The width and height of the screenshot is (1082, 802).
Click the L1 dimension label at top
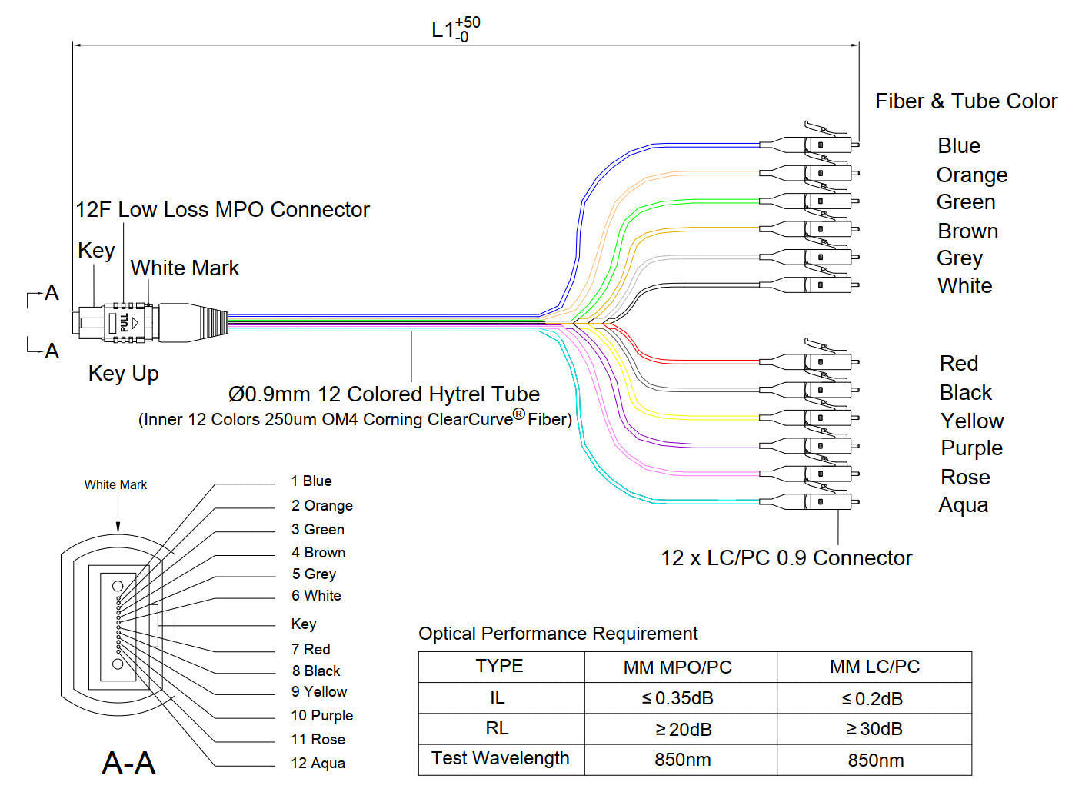[455, 29]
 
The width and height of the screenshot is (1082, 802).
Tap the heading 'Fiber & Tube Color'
[966, 101]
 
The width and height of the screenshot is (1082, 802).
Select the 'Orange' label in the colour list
[971, 175]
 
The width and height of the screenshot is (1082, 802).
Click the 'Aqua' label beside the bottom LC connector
[963, 505]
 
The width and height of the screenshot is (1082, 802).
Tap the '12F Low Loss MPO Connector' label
[222, 210]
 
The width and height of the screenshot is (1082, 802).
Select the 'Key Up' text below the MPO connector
[123, 374]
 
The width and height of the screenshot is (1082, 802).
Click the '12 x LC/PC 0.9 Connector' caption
[786, 558]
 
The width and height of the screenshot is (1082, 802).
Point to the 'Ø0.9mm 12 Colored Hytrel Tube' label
[384, 394]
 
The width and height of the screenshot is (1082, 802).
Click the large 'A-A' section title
[128, 763]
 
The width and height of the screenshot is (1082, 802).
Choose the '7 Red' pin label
[311, 650]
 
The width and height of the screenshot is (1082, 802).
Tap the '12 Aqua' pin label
[318, 764]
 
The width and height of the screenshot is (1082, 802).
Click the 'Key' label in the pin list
[303, 624]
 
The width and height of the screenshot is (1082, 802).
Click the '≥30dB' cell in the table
[874, 729]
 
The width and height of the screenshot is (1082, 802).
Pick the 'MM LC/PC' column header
[874, 667]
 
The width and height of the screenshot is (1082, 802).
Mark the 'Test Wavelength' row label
[500, 759]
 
